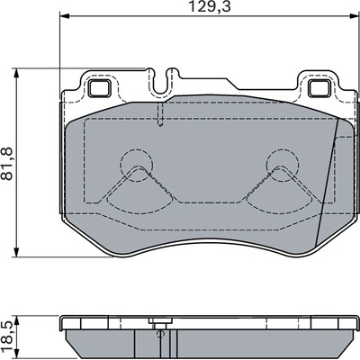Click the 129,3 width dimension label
(210, 6)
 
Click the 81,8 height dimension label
(7, 164)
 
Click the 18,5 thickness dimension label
(7, 337)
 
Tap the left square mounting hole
(100, 89)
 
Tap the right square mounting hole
(319, 89)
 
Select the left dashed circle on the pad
(137, 166)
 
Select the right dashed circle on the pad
(283, 166)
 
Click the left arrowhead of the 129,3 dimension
(65, 15)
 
